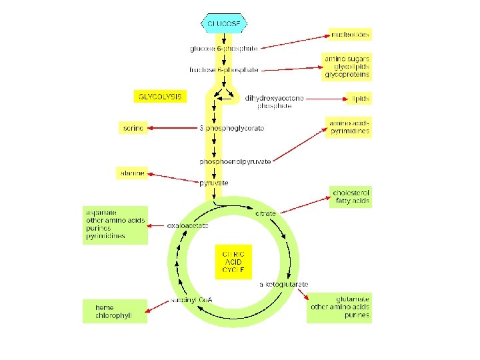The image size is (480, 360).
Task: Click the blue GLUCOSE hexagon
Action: point(224,23)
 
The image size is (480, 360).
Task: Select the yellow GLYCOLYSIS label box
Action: point(159,96)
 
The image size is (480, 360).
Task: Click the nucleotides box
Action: point(350,34)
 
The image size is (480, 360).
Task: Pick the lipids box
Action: point(359,99)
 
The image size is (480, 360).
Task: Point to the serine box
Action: point(133,127)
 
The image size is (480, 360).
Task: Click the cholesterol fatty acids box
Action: point(351,197)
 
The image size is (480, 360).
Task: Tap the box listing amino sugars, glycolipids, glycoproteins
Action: point(347,67)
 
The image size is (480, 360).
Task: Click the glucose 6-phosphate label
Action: point(224,48)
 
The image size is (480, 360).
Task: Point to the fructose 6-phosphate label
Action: point(224,69)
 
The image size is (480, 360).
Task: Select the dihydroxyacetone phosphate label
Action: point(274,102)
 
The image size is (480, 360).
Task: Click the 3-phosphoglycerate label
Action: point(232,127)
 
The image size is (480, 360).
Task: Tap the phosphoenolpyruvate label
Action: point(235,162)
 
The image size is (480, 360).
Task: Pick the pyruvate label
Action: point(215,183)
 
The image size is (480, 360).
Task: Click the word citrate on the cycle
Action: point(265,213)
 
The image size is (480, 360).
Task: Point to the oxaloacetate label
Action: point(188,225)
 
